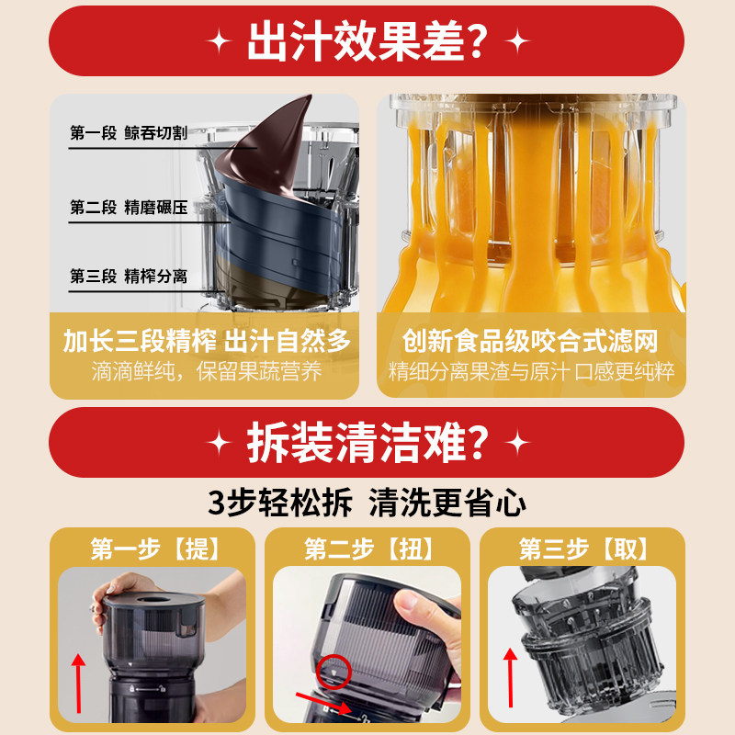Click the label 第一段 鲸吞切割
point(128,134)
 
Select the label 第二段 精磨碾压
point(128,208)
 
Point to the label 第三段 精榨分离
point(128,276)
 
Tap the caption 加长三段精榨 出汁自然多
point(207,342)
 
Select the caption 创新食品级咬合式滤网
point(530,342)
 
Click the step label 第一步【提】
point(155,549)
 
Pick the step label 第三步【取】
point(583,549)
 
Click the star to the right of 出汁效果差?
point(518,42)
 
